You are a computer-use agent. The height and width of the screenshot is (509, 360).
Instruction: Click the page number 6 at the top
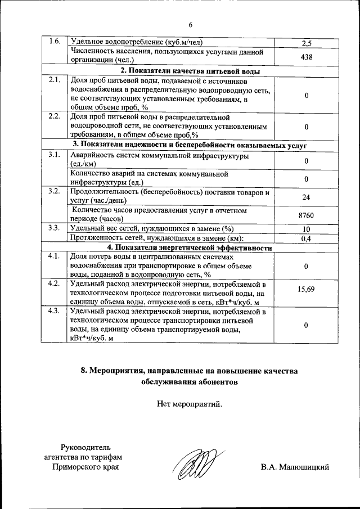pos(191,25)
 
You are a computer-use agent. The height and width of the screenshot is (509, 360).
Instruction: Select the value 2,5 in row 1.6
pos(307,43)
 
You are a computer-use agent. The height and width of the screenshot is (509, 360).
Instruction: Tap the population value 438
pos(307,57)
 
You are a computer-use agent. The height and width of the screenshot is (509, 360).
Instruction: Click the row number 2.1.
pos(54,80)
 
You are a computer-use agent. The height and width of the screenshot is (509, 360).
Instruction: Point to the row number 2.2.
pos(54,117)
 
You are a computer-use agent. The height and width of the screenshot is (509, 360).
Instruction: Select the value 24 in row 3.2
pos(307,197)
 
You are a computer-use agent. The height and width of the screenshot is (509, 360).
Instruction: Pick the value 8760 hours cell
pos(307,215)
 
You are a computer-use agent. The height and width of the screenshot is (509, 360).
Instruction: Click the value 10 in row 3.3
pos(307,229)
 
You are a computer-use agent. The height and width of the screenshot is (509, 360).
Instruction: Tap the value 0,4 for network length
pos(307,238)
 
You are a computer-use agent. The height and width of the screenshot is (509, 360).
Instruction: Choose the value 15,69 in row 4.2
pos(307,289)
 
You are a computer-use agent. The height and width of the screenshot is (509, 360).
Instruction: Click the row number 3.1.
pos(54,154)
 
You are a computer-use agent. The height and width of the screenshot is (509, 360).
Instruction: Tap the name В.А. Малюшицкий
pos(295,467)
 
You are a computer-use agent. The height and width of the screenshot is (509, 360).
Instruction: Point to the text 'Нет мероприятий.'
pos(190,403)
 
